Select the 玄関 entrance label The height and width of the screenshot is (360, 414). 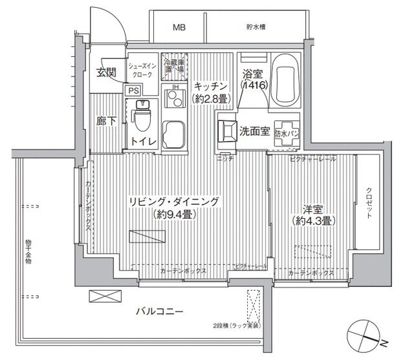click(106, 72)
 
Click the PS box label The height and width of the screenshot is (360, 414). click(133, 91)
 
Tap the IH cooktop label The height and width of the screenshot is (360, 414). click(175, 89)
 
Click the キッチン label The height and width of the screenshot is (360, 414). click(210, 86)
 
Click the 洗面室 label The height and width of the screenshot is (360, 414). click(254, 131)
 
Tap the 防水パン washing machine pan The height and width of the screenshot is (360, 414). click(287, 131)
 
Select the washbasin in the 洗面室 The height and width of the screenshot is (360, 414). click(227, 129)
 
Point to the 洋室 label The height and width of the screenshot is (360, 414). click(312, 208)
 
